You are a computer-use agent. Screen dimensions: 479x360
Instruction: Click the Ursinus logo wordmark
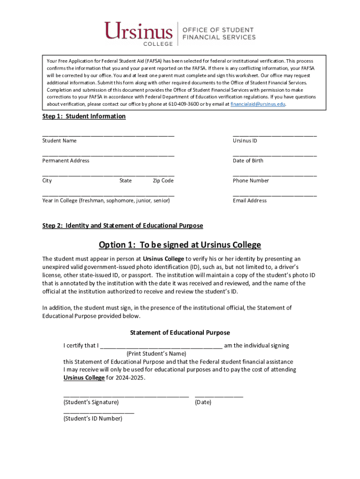tap(138, 32)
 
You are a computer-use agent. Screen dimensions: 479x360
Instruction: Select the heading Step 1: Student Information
tap(84, 116)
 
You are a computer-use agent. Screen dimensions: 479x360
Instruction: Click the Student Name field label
tap(59, 141)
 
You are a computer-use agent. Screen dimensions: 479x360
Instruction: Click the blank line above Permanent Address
tap(108, 155)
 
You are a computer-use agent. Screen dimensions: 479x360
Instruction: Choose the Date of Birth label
tap(248, 160)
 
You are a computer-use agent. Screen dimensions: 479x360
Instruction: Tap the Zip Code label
tap(163, 181)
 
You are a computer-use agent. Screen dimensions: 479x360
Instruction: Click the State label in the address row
tap(125, 181)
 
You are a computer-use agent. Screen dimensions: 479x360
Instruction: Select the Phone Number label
tap(251, 181)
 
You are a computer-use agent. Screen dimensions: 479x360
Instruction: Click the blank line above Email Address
tap(274, 195)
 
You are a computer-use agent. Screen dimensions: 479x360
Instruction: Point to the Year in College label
tap(106, 201)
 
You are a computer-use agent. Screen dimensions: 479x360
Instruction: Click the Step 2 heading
tap(122, 225)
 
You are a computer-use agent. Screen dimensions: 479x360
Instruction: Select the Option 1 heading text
tap(180, 245)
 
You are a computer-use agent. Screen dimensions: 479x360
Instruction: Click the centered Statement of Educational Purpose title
tap(180, 333)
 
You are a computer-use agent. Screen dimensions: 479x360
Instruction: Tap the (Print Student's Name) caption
tap(153, 354)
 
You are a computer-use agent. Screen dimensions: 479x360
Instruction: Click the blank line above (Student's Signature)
tap(126, 396)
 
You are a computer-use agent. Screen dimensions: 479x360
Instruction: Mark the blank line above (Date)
tap(219, 396)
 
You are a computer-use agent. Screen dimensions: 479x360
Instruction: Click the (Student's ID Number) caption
tap(93, 419)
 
